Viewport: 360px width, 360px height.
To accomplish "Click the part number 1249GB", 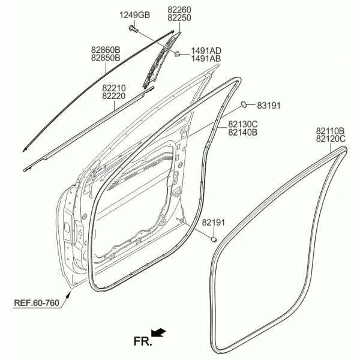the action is coord(134,15).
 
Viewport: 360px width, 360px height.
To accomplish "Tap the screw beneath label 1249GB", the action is coord(133,29).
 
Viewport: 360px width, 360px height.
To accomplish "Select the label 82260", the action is coord(179,10).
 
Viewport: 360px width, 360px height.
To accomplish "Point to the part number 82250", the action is coord(179,18).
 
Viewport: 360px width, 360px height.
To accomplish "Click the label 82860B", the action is coord(106,50).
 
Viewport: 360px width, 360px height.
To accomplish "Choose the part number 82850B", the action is coord(106,58).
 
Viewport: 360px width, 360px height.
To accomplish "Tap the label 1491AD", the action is coord(206,51).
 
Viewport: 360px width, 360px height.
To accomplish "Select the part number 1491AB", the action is coord(206,59).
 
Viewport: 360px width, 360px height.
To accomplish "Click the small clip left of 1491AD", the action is coord(177,54).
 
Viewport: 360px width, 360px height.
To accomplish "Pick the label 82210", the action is coord(114,88).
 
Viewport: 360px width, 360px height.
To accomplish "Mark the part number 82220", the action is coord(114,96).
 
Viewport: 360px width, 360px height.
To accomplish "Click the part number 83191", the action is coord(269,106).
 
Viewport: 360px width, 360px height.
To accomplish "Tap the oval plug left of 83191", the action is coord(244,104).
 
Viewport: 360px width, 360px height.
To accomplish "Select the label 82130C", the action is coord(243,124).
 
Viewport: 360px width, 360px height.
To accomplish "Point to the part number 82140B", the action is coord(243,133).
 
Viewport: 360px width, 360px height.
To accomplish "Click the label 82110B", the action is coord(331,131).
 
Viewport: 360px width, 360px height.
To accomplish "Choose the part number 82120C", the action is coord(331,139).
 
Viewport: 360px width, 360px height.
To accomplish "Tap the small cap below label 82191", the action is coord(214,239).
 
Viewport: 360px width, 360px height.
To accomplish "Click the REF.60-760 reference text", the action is coord(37,303).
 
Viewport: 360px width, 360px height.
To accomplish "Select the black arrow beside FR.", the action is coord(158,332).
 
